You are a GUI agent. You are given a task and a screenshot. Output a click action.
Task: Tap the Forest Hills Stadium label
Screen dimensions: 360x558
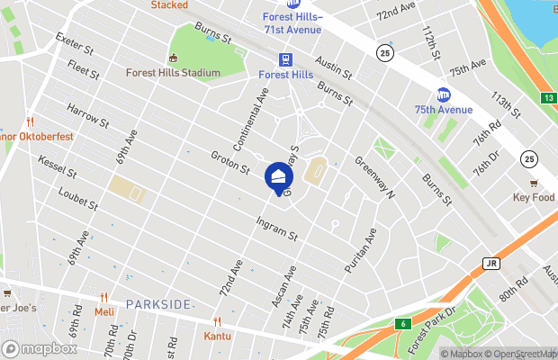pyautogui.click(x=175, y=73)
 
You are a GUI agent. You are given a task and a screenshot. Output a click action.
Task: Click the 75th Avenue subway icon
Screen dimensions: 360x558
pyautogui.click(x=443, y=94)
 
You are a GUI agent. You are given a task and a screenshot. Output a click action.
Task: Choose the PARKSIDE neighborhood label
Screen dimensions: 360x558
pyautogui.click(x=158, y=304)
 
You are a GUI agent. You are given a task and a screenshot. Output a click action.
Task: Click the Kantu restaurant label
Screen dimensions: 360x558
pyautogui.click(x=217, y=336)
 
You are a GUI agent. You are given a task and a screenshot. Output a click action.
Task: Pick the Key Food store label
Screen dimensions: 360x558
pyautogui.click(x=533, y=197)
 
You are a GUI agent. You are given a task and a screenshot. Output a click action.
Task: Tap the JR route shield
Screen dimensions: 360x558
pyautogui.click(x=490, y=264)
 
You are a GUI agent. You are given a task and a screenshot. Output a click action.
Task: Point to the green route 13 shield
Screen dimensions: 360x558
pyautogui.click(x=549, y=97)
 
